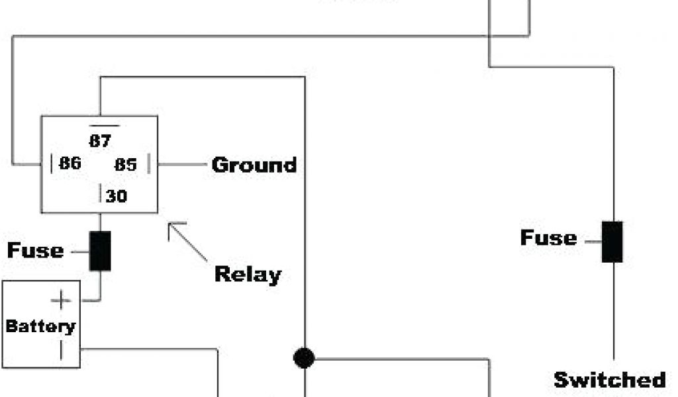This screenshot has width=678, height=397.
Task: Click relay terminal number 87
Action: pyautogui.click(x=101, y=140)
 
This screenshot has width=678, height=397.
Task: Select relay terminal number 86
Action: pyautogui.click(x=70, y=163)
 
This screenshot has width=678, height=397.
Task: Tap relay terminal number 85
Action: pyautogui.click(x=125, y=164)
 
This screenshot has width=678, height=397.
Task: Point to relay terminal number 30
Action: pyautogui.click(x=117, y=197)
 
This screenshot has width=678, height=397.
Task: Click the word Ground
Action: pyautogui.click(x=254, y=165)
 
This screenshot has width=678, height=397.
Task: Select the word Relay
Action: pyautogui.click(x=248, y=274)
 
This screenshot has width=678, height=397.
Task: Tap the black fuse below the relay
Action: pyautogui.click(x=100, y=251)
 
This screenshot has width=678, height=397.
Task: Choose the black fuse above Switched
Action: pyautogui.click(x=612, y=242)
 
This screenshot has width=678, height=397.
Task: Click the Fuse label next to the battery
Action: pyautogui.click(x=36, y=251)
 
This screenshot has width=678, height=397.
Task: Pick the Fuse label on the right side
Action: pyautogui.click(x=548, y=238)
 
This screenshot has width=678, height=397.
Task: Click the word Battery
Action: pyautogui.click(x=40, y=326)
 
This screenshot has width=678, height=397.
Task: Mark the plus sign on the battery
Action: pyautogui.click(x=61, y=301)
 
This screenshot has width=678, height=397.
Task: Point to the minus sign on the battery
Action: pyautogui.click(x=61, y=349)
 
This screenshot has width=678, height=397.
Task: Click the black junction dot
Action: pyautogui.click(x=304, y=358)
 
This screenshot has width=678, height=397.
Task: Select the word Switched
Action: pyautogui.click(x=610, y=380)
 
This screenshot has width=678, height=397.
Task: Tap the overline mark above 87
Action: pyautogui.click(x=105, y=125)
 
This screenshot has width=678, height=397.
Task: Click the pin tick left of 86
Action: pyautogui.click(x=52, y=163)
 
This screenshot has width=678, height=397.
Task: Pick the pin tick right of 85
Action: pyautogui.click(x=148, y=164)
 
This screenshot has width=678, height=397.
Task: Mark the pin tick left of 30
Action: pyautogui.click(x=101, y=195)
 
